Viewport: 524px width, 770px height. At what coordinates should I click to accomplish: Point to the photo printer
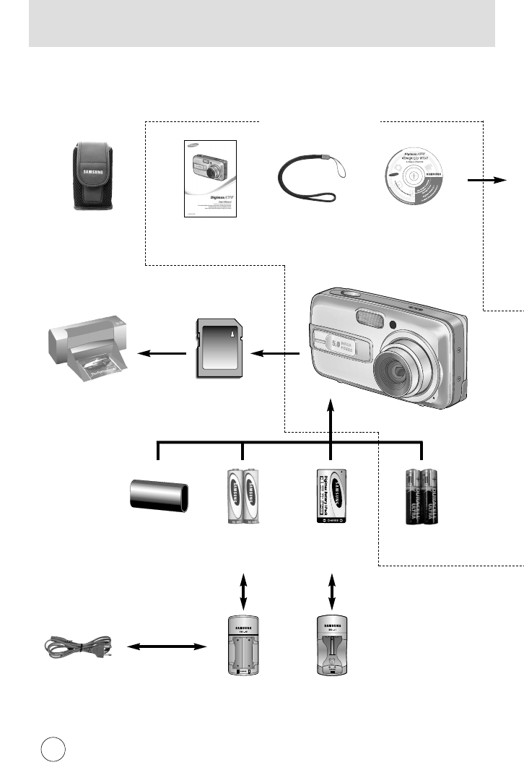[x=87, y=352]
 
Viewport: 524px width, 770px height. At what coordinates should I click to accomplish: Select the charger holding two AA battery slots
[x=243, y=646]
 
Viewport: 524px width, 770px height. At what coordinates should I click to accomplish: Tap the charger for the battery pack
[x=332, y=646]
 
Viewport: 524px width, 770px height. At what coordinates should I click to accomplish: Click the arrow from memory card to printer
[x=160, y=354]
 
